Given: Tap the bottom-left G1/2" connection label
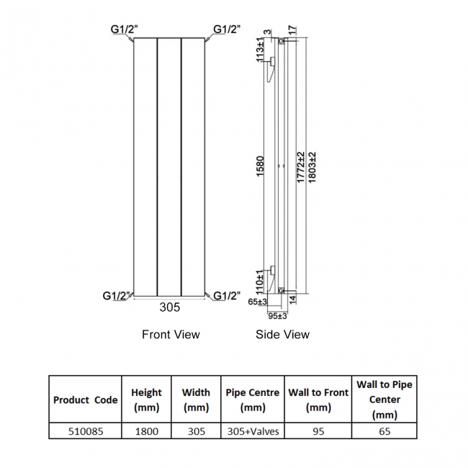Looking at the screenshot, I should tap(117, 295).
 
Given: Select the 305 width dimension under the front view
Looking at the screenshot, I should tap(170, 307).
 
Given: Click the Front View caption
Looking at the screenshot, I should tap(171, 334).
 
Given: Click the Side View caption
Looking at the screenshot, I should tap(282, 334).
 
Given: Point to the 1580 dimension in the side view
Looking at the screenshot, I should tap(261, 168).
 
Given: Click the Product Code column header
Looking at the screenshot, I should tap(85, 400).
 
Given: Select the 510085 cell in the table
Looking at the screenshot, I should tap(85, 431).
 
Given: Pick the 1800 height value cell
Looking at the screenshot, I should tap(146, 431).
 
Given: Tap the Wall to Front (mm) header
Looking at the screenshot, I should tap(318, 400).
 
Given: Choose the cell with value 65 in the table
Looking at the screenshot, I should tap(384, 431).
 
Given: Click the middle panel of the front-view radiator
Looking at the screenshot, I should tap(169, 166).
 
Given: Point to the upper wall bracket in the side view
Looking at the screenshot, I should tap(271, 68).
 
